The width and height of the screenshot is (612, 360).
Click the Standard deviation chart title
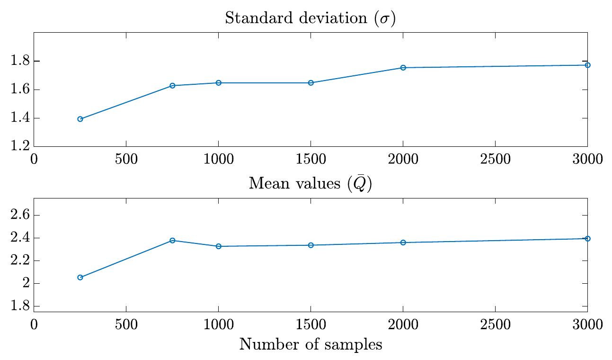coord(310,18)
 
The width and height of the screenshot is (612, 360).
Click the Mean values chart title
coord(310,183)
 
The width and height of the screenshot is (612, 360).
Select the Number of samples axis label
coord(310,344)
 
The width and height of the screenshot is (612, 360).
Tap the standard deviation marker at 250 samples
coord(80,119)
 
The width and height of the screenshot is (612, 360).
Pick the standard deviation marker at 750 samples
coord(172,86)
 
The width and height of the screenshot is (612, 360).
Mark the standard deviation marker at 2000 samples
coord(403,68)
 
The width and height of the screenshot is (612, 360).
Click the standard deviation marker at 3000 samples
coord(587,65)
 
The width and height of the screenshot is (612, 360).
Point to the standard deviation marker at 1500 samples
coord(311,83)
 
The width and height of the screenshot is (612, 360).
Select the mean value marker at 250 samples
coord(80,278)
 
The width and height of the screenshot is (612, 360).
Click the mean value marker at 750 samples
coord(172,241)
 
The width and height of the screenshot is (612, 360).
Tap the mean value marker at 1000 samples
coord(219,246)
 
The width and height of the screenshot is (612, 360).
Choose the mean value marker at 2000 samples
coord(403,243)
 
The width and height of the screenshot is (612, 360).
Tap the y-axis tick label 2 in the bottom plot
coord(23,284)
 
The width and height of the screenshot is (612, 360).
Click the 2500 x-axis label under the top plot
coord(495,159)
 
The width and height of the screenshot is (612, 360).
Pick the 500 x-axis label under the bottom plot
coord(126,324)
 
